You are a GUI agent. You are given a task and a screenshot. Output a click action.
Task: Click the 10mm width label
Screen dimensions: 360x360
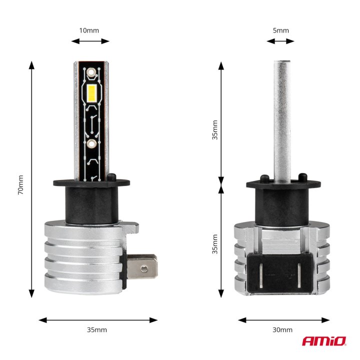[89, 30]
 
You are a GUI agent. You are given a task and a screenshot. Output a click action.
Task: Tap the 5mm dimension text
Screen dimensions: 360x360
[281, 30]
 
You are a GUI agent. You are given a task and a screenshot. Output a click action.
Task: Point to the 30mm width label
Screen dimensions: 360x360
[283, 330]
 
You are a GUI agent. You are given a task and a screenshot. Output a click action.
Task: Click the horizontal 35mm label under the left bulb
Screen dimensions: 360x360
[97, 330]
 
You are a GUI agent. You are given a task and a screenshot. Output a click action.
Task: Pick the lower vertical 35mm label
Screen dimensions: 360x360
[215, 244]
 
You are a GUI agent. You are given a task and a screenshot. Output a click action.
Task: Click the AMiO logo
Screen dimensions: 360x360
[323, 341]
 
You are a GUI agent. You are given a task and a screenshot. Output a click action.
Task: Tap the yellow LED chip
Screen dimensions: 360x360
[91, 92]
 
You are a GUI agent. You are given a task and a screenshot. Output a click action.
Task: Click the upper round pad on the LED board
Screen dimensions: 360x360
[91, 73]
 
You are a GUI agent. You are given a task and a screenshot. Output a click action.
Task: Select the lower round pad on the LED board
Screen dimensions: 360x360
[91, 144]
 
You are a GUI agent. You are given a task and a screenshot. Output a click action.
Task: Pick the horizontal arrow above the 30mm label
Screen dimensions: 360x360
[283, 319]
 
